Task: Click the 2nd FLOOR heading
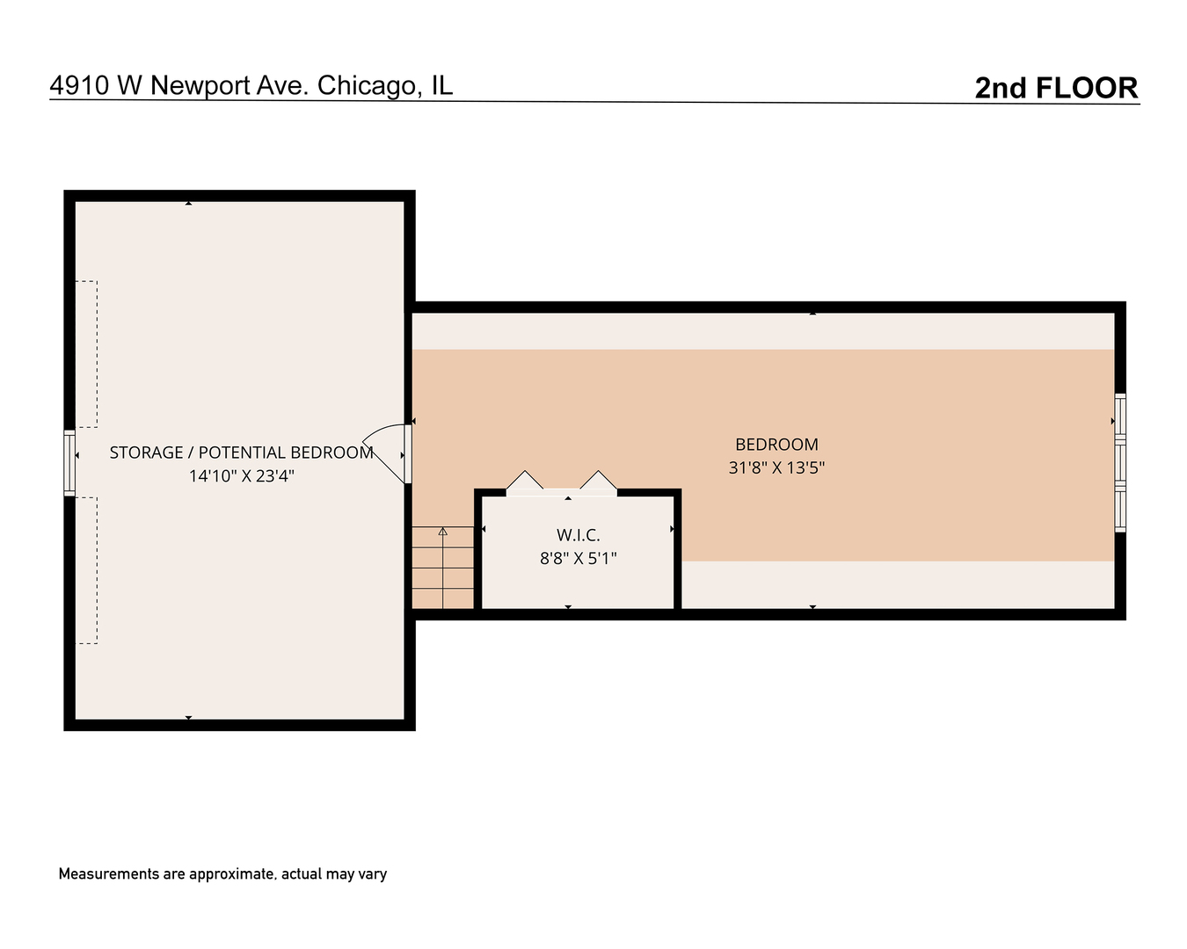pyautogui.click(x=1056, y=88)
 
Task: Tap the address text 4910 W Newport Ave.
pyautogui.click(x=178, y=85)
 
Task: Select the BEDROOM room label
pyautogui.click(x=776, y=445)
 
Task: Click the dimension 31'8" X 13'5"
pyautogui.click(x=776, y=467)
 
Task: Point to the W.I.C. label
pyautogui.click(x=578, y=535)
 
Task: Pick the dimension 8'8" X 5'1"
pyautogui.click(x=578, y=558)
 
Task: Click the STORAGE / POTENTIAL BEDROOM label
pyautogui.click(x=241, y=453)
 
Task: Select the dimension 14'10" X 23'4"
pyautogui.click(x=241, y=476)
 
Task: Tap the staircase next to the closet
pyautogui.click(x=443, y=568)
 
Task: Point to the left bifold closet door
pyautogui.click(x=525, y=482)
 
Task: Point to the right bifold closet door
pyautogui.click(x=598, y=482)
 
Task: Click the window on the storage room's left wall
pyautogui.click(x=69, y=462)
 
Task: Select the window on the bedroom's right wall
pyautogui.click(x=1120, y=462)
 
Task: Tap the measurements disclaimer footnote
pyautogui.click(x=222, y=874)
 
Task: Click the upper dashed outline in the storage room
pyautogui.click(x=86, y=353)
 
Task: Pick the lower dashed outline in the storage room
pyautogui.click(x=86, y=570)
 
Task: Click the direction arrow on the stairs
pyautogui.click(x=443, y=531)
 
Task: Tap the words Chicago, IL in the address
pyautogui.click(x=385, y=85)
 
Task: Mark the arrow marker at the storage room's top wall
pyautogui.click(x=188, y=204)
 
